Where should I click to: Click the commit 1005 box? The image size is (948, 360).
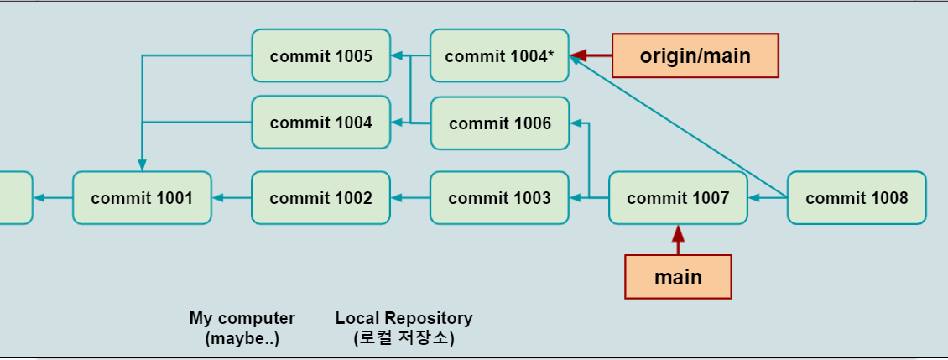tap(321, 55)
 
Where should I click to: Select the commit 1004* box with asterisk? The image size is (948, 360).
tap(499, 55)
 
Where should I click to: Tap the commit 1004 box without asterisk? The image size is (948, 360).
tap(321, 123)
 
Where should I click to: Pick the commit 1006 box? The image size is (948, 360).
tap(500, 123)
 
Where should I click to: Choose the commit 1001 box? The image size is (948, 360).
tap(142, 198)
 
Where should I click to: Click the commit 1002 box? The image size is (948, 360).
tap(321, 198)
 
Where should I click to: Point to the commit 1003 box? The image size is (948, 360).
tap(499, 198)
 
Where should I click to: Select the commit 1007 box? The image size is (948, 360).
tap(678, 198)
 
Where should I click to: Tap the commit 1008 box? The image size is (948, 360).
tap(857, 198)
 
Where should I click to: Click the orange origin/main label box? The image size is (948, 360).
tap(695, 55)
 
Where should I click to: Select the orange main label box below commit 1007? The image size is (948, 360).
tap(678, 277)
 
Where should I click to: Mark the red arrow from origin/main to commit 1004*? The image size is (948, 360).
tap(591, 55)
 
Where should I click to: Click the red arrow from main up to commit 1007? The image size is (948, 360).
tap(678, 240)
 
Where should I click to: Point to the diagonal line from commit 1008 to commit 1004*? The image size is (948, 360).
tap(679, 127)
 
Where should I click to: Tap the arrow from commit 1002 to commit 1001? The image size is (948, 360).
tap(232, 198)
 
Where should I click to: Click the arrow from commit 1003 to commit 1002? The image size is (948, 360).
tap(410, 198)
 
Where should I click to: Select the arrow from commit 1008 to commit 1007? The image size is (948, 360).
tap(768, 198)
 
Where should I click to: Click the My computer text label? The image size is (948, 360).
tap(242, 328)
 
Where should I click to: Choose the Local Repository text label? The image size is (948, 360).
tap(404, 318)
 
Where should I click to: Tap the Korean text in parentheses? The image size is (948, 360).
tap(404, 338)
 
